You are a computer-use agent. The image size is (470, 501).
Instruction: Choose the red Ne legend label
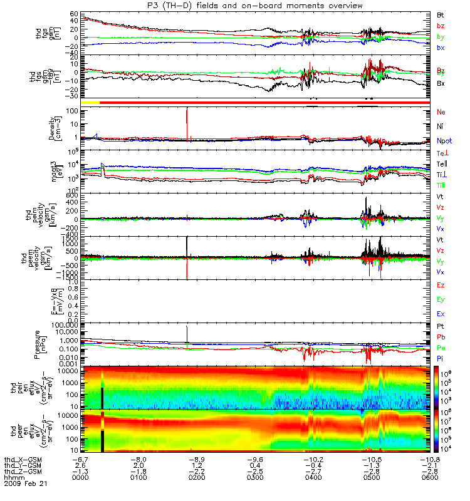441,112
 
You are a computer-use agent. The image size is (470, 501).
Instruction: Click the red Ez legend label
441,286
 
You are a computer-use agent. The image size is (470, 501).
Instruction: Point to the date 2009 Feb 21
26,484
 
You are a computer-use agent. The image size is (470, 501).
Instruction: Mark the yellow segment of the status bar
90,101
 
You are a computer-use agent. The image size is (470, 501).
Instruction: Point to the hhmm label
12,478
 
